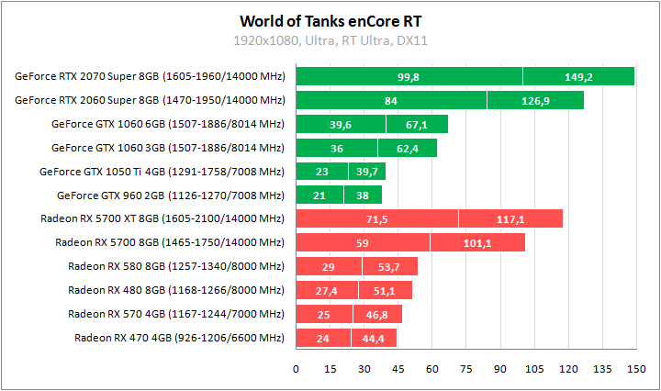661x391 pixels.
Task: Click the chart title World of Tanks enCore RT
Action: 331,20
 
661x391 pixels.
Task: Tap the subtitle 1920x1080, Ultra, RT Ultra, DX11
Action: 331,40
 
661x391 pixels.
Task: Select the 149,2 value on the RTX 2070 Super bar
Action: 578,77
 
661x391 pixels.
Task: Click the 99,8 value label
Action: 409,77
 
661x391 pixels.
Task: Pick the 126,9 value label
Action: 534,100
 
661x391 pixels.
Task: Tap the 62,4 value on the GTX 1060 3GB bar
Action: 407,148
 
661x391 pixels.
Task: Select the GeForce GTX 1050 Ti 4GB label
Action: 162,172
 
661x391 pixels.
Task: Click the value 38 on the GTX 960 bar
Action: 363,195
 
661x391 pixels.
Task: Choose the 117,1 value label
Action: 510,219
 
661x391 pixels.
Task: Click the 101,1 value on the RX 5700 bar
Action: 477,243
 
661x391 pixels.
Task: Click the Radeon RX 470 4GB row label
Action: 179,338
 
